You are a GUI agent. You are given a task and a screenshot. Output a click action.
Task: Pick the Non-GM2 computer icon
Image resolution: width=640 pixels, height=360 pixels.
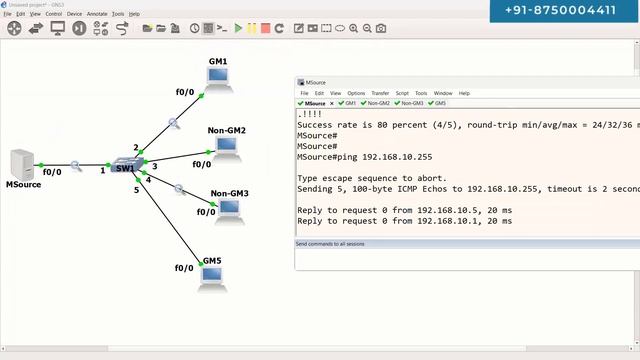point(227,149)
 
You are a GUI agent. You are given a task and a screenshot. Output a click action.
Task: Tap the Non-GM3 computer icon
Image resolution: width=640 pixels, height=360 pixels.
point(229,209)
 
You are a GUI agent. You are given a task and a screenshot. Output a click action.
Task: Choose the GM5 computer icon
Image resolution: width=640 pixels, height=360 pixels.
point(212,279)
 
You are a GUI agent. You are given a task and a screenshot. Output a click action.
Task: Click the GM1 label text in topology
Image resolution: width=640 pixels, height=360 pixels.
point(218,62)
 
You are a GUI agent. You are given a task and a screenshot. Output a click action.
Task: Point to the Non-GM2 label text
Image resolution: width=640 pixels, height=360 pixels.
point(227,131)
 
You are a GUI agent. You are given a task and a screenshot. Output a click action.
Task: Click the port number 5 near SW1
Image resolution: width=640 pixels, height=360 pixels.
point(137,190)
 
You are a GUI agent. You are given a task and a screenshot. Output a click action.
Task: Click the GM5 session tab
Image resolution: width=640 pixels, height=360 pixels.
point(438,103)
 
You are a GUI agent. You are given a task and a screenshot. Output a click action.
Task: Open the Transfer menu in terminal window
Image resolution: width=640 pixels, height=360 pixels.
point(380,93)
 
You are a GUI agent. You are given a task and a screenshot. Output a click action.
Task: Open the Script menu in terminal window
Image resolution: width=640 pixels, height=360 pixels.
point(402,93)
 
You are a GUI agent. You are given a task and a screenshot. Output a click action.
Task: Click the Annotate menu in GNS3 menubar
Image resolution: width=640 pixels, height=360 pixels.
point(98,14)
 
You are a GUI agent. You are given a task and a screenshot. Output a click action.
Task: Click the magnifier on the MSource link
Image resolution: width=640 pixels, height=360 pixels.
point(76,165)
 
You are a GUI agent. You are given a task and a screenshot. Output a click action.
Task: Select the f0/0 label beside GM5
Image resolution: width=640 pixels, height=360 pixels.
point(184,268)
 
